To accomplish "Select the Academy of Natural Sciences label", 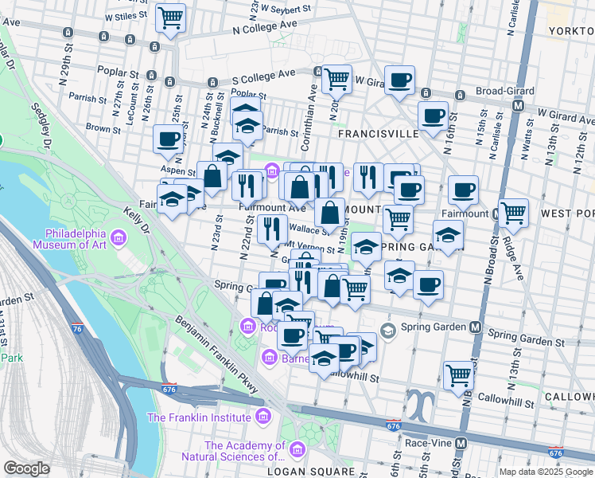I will point(245,451).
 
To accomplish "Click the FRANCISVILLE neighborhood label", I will point(378,135).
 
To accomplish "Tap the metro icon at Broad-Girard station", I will point(518,106).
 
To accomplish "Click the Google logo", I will point(26,468).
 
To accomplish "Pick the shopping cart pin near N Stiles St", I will point(170,17).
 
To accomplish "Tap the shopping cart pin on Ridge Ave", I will point(514,212).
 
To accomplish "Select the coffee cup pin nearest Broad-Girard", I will point(433,116).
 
